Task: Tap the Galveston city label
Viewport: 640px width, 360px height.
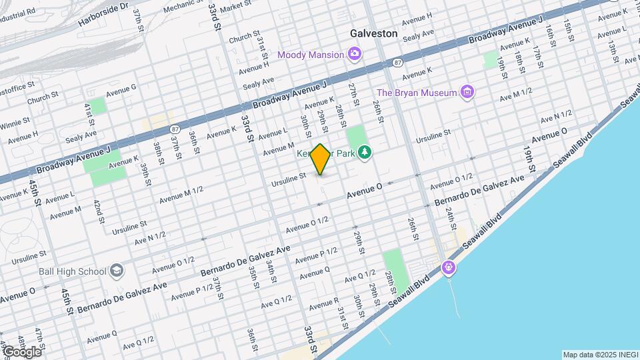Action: click(x=373, y=33)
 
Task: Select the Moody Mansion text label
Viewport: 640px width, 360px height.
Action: click(x=311, y=55)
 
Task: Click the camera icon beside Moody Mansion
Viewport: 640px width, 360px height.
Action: click(x=355, y=54)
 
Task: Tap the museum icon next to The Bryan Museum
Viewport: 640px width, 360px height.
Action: click(x=468, y=92)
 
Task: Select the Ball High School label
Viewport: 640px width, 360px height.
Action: click(x=73, y=271)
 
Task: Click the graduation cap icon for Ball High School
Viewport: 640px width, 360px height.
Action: click(x=117, y=271)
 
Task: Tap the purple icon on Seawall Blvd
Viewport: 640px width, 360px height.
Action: click(x=449, y=268)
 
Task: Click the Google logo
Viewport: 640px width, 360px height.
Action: click(x=21, y=351)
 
